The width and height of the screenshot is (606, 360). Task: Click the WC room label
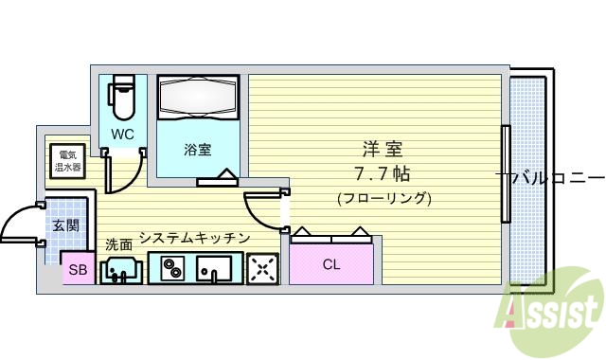122,135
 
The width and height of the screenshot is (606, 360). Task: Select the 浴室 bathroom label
197,149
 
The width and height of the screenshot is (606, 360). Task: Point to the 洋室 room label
383,150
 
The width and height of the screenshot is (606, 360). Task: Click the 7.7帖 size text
383,174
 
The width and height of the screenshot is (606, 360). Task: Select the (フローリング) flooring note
383,199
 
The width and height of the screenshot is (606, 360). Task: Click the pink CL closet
330,263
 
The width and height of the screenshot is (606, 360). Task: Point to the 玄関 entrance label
66,225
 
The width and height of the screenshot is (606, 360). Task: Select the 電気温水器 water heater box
69,161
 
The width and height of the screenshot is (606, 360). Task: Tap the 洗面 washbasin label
118,243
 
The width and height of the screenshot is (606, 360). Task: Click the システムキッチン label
194,238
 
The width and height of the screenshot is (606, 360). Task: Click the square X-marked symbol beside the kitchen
261,271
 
